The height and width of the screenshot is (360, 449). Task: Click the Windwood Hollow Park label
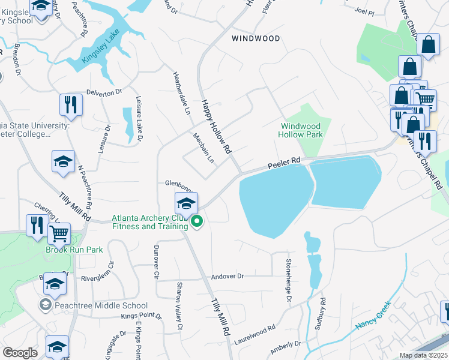300,130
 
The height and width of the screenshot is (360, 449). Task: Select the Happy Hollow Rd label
216,127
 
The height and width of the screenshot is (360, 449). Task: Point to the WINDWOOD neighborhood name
256,38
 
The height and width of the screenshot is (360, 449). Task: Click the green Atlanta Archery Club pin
197,223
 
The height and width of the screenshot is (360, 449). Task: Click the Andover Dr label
228,277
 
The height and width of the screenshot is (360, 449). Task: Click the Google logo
20,353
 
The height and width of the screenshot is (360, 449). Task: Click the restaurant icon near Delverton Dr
71,104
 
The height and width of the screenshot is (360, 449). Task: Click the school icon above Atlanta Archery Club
186,203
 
